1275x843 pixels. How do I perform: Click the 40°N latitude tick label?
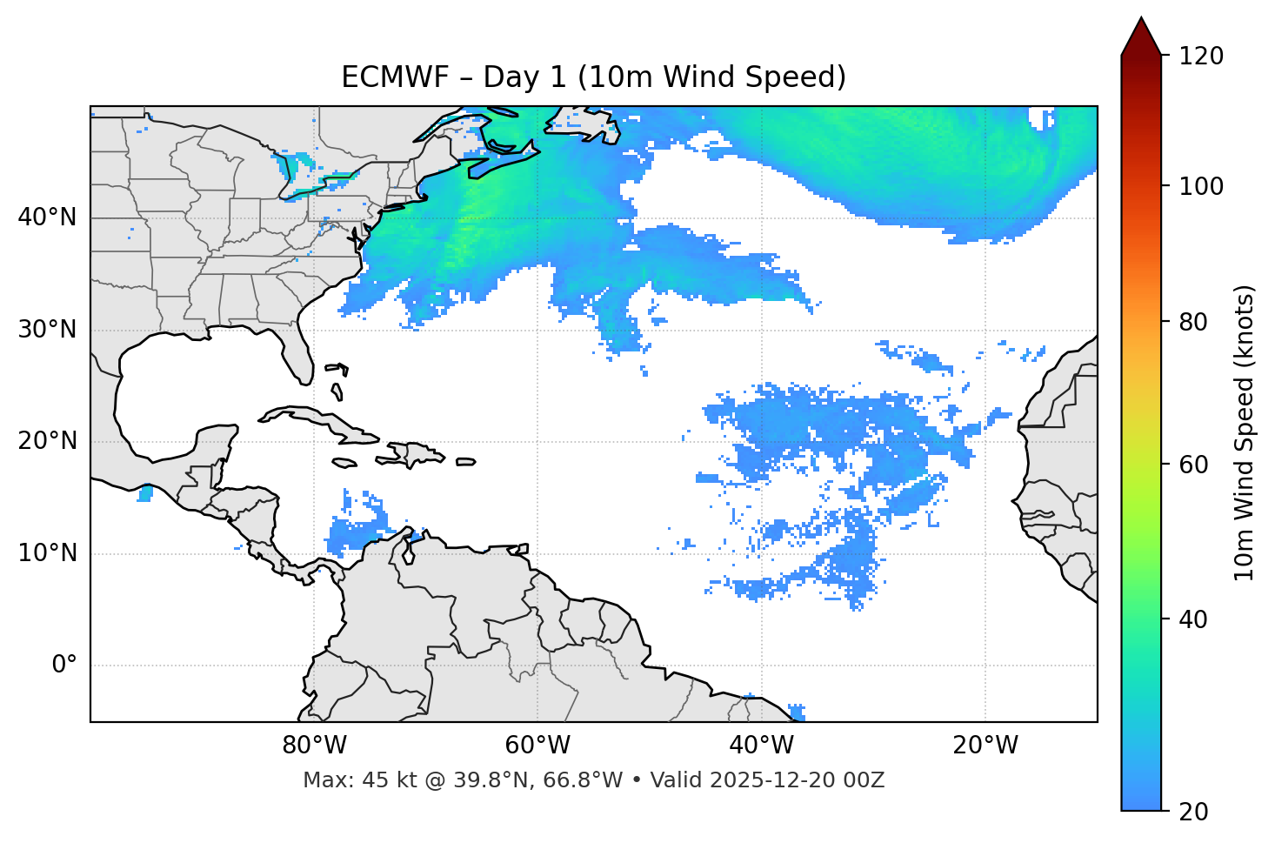(47, 217)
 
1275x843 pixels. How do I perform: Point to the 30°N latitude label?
(47, 330)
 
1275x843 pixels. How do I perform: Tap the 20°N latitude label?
(47, 441)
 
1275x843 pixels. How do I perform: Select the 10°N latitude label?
(47, 553)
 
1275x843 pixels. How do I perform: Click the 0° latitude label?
(64, 665)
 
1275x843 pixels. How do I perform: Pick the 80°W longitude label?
(314, 746)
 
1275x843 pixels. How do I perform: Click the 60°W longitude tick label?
(537, 746)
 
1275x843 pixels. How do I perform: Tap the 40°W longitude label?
(761, 746)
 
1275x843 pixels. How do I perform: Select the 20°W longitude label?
(985, 746)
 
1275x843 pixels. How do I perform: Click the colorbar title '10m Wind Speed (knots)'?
(1245, 432)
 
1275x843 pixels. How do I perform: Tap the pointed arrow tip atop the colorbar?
(1141, 21)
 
